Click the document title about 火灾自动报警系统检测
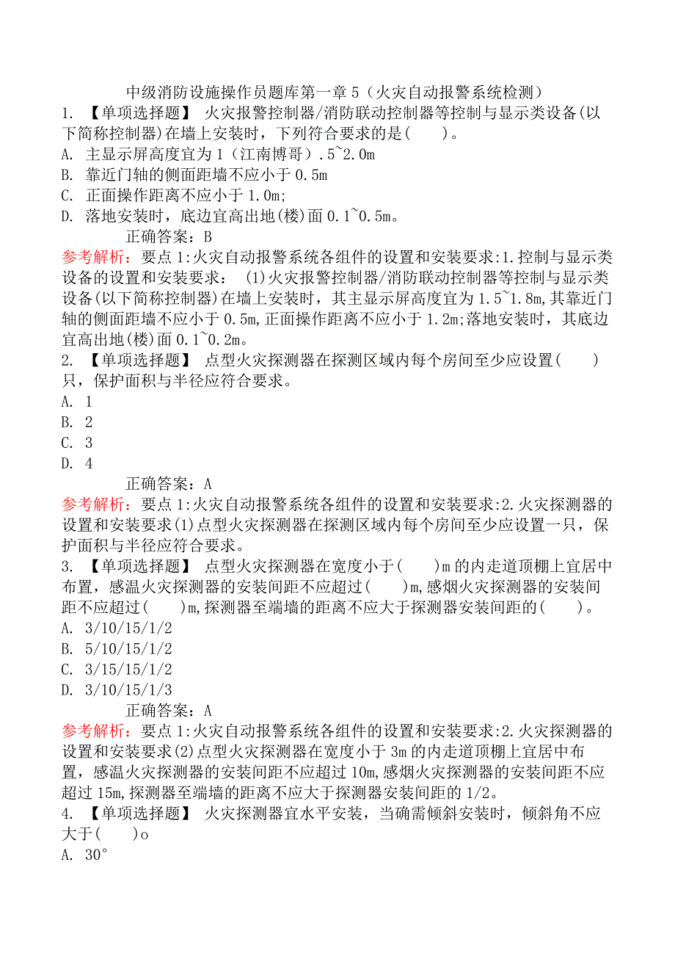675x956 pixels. [x=335, y=93]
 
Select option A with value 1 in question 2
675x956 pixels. [x=77, y=402]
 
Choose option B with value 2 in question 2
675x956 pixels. [x=77, y=422]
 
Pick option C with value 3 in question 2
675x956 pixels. [x=77, y=443]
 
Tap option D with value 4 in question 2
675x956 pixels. [x=77, y=463]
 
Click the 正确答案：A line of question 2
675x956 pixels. [x=169, y=484]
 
